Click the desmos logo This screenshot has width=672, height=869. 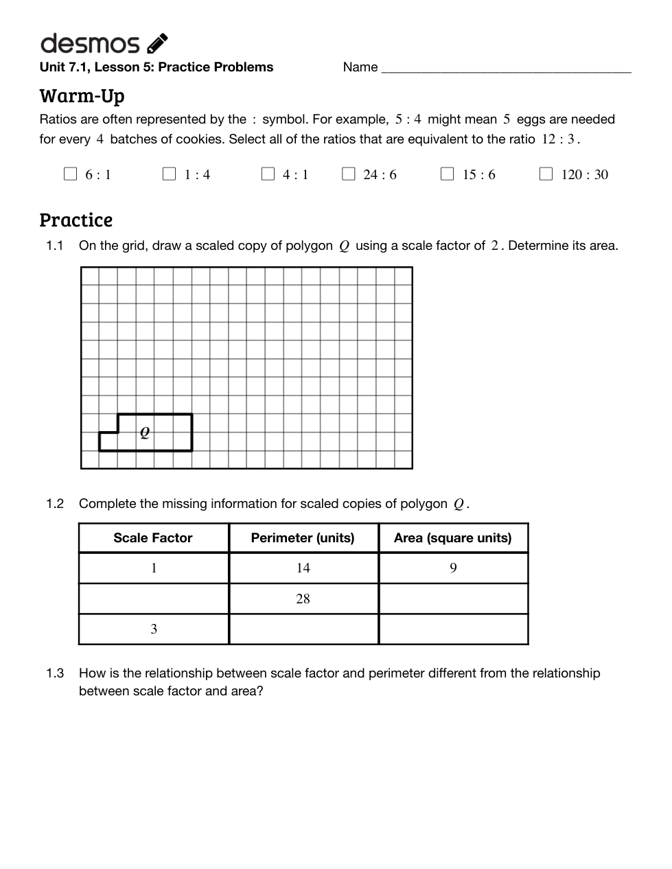coord(90,44)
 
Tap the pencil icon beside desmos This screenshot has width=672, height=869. coord(157,43)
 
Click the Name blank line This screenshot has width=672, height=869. coord(506,69)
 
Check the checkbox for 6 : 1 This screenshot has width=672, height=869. coord(70,174)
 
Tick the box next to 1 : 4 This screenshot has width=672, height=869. coord(169,174)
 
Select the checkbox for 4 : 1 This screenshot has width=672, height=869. coord(268,174)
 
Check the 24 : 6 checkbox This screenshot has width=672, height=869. coord(348,174)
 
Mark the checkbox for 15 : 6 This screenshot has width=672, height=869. coord(447,174)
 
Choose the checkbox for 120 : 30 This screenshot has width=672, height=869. coord(546,174)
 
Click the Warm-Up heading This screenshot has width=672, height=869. coord(82,95)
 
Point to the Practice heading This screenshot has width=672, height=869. coord(76,220)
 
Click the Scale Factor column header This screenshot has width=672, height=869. coord(153,538)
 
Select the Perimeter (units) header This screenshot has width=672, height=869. coord(303,538)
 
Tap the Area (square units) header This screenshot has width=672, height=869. coord(452,538)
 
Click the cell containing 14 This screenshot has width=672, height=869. coord(303,568)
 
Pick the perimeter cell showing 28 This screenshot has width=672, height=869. coord(303,599)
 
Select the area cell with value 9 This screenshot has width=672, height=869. coord(453,568)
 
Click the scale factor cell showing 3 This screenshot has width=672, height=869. coord(154,629)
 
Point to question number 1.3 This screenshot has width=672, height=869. coord(55,673)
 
